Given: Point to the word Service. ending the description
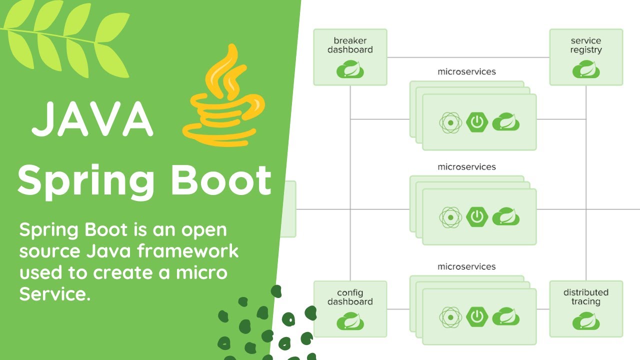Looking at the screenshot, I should pyautogui.click(x=55, y=294).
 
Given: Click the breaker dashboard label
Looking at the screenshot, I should pyautogui.click(x=350, y=45).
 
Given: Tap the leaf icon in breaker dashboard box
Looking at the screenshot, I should pyautogui.click(x=350, y=69).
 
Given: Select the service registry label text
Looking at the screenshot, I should pyautogui.click(x=586, y=45).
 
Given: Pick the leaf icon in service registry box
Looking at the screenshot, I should pyautogui.click(x=586, y=69).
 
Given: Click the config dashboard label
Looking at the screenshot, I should pyautogui.click(x=350, y=297).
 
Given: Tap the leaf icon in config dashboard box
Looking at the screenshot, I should pyautogui.click(x=350, y=321).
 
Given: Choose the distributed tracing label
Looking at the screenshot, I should pyautogui.click(x=586, y=297).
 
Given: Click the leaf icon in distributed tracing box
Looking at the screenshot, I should pyautogui.click(x=586, y=321).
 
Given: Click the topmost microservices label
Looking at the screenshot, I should pyautogui.click(x=466, y=71).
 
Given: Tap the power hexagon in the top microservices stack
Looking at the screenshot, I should pyautogui.click(x=477, y=121).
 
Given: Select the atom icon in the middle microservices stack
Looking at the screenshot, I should pyautogui.click(x=450, y=216).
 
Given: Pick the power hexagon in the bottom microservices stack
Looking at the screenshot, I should pyautogui.click(x=477, y=316).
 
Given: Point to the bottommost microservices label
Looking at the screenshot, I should pyautogui.click(x=466, y=266).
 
